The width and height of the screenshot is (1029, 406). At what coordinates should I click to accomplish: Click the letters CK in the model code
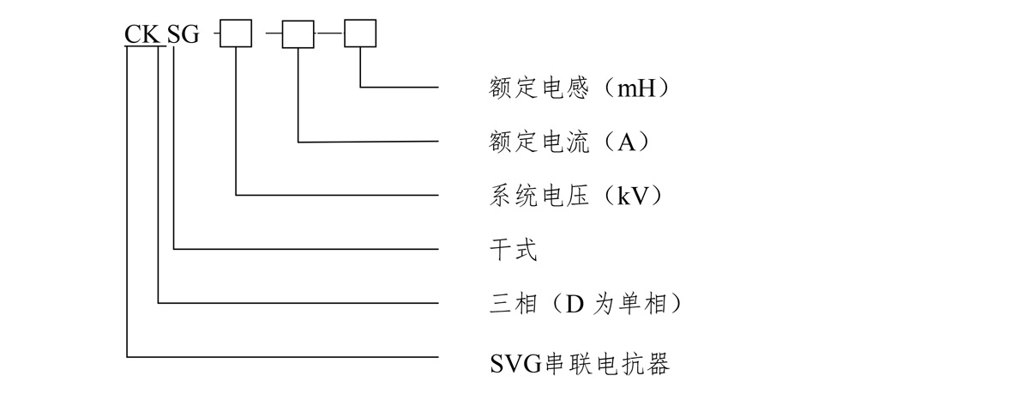(141, 35)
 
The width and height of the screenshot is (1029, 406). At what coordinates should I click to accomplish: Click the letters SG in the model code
(182, 35)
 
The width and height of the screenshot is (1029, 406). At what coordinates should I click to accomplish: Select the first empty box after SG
(236, 33)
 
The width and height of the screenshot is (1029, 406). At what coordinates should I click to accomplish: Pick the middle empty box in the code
(298, 33)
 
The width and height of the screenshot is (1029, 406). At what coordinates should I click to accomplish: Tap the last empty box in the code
(360, 33)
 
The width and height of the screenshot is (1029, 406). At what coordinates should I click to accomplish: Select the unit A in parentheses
(625, 142)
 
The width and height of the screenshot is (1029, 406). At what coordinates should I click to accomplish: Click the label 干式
(502, 250)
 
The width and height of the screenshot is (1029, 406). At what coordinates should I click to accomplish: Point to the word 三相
(502, 304)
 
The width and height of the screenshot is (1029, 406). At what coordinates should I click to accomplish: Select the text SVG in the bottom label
(507, 364)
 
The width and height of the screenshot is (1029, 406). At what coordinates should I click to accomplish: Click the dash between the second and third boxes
(329, 33)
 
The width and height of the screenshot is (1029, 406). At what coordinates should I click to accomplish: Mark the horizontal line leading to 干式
(309, 250)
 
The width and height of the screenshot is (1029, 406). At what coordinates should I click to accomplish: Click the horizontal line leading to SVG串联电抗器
(283, 356)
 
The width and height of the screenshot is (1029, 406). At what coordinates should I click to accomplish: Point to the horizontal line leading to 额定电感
(400, 87)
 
